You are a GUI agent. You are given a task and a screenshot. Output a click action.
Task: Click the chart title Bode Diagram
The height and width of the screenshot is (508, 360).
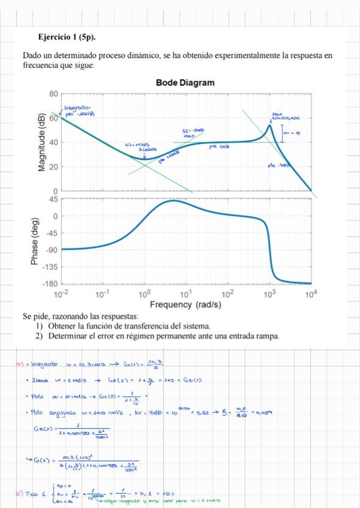coord(184,83)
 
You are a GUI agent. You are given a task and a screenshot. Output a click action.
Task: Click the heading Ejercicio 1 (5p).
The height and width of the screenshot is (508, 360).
coord(66,37)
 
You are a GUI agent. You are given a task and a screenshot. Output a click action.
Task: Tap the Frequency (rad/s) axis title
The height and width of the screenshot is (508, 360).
coord(185,305)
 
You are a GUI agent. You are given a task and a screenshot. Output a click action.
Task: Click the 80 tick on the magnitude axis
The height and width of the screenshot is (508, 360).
coord(53,94)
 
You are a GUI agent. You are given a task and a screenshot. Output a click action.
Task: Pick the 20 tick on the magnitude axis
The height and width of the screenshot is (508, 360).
coord(53,167)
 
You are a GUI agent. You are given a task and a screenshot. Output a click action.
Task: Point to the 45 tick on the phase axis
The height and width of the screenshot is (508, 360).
coord(52,199)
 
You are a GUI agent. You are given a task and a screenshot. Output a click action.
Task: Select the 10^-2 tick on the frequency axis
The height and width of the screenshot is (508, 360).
coord(60,294)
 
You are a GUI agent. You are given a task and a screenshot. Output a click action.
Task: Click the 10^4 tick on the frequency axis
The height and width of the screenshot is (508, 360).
coord(310,294)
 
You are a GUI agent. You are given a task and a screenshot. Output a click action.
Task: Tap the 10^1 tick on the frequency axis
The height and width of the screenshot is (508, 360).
coord(186,294)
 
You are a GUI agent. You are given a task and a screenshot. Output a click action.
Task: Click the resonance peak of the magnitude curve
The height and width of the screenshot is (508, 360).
coord(270,125)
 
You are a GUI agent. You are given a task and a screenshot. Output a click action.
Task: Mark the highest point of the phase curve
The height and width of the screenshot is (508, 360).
coord(173,201)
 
